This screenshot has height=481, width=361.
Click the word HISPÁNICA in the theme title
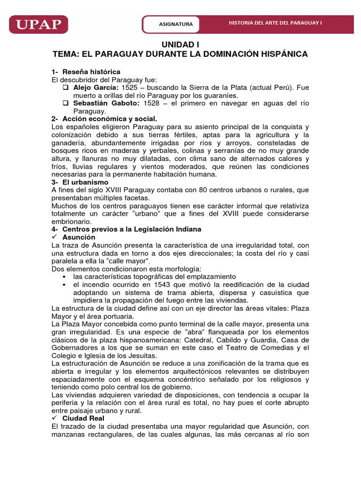click(x=281, y=54)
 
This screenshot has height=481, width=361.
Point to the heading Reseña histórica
click(x=91, y=71)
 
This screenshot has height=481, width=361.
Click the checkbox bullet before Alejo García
click(x=66, y=87)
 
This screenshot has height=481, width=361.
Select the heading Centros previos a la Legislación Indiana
click(x=132, y=229)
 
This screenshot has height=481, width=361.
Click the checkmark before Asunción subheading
click(x=55, y=237)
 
